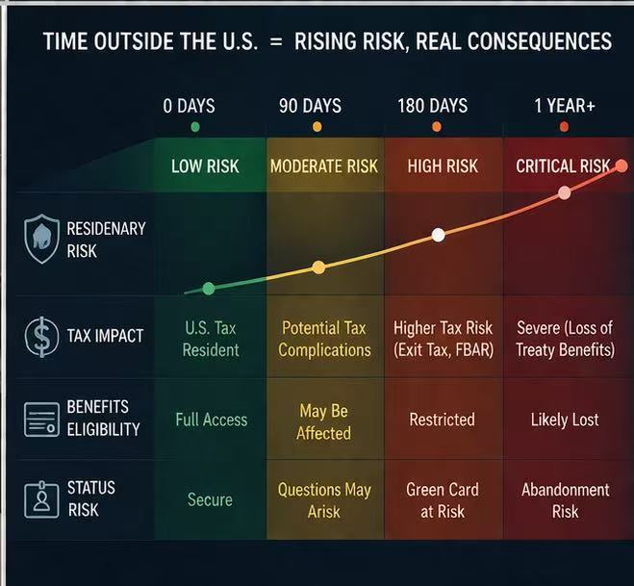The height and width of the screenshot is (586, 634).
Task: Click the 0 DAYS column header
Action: (189, 106)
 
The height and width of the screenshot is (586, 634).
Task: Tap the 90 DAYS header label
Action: (310, 106)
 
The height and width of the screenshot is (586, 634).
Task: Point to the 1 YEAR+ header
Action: (564, 106)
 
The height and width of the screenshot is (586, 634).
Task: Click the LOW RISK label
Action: (205, 166)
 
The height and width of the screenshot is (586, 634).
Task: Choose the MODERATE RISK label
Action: (324, 166)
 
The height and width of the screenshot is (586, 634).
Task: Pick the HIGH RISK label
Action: (443, 166)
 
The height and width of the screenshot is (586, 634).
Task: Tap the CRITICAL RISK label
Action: (563, 166)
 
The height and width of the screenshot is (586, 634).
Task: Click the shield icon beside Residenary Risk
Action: (41, 240)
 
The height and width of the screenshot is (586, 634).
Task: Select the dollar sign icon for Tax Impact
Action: (41, 336)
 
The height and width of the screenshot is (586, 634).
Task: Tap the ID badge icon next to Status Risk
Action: (41, 497)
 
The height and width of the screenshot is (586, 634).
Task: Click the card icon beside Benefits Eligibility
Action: (41, 419)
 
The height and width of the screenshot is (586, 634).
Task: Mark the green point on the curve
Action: (209, 288)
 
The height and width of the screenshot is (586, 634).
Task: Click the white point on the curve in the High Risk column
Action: (439, 234)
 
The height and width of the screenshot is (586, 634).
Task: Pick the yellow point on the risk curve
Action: (318, 268)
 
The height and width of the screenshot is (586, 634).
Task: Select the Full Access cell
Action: (212, 420)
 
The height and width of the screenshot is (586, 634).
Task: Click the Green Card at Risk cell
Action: (443, 499)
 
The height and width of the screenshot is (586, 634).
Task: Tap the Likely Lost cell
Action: (565, 420)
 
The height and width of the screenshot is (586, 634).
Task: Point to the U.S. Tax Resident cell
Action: (212, 338)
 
